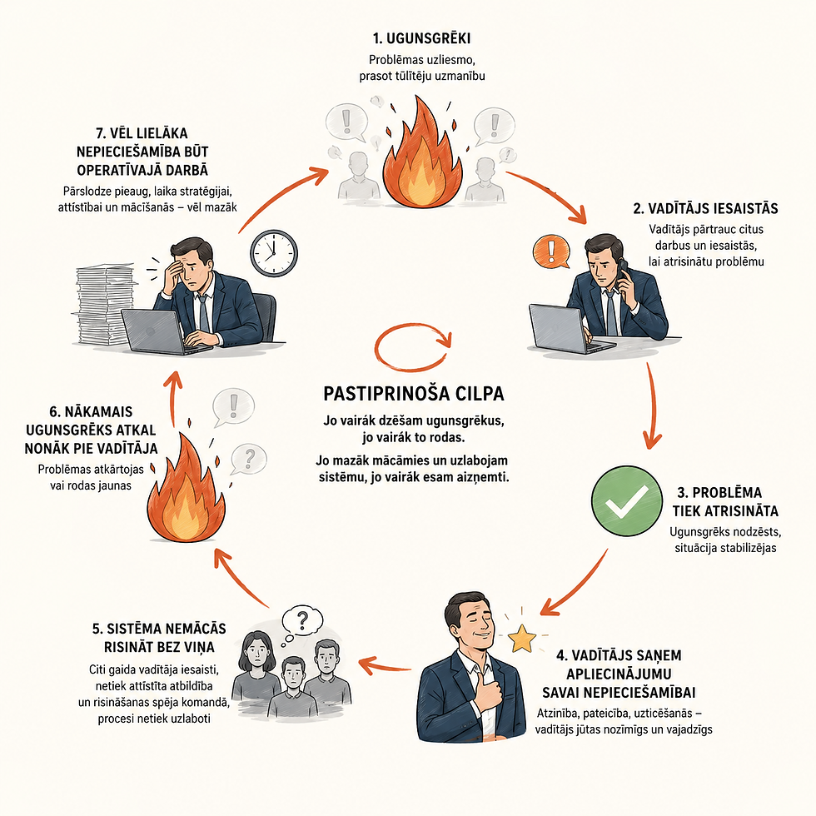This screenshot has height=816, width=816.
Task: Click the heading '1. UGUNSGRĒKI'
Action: point(421,38)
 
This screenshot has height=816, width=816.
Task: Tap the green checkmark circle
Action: point(626,500)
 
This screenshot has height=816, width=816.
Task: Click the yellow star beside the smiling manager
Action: point(522,638)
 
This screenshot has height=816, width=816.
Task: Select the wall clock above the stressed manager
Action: point(274,253)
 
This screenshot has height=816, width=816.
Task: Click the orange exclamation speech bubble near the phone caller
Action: point(551,251)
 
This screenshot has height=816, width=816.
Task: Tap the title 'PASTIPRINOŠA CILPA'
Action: point(414,393)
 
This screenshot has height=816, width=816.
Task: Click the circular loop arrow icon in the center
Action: point(413,347)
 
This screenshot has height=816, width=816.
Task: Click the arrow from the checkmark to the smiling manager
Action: point(575,584)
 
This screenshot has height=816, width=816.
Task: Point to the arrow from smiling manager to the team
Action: point(385,665)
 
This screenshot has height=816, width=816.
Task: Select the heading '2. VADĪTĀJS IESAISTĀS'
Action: point(705,209)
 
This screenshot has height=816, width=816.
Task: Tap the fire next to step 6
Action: point(187,490)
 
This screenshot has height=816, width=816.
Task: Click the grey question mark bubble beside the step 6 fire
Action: point(249,459)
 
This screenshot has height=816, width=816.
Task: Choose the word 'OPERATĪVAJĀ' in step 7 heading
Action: point(120,170)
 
